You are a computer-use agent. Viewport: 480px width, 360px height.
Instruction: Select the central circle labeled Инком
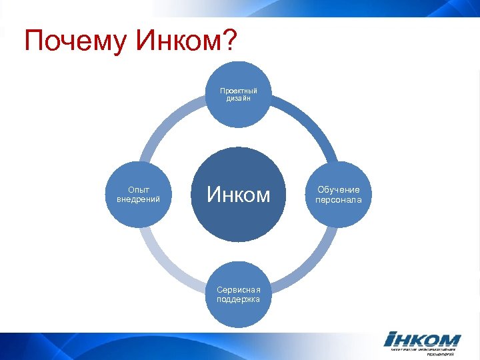point(239,195)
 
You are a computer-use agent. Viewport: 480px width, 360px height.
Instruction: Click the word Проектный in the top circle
point(239,91)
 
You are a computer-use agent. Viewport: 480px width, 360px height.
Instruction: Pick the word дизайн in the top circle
point(239,99)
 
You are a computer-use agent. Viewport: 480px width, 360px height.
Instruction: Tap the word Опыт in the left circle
point(139,190)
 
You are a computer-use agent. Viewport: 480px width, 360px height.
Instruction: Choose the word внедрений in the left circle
point(139,199)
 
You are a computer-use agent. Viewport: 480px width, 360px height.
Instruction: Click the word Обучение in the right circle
point(339,190)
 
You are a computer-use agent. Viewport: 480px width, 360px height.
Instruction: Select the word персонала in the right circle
point(339,199)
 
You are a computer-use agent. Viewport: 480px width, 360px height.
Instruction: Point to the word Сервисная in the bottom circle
point(239,290)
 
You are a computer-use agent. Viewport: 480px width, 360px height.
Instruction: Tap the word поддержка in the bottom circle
point(239,299)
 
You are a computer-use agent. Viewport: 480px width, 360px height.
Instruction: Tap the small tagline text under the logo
point(423,352)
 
